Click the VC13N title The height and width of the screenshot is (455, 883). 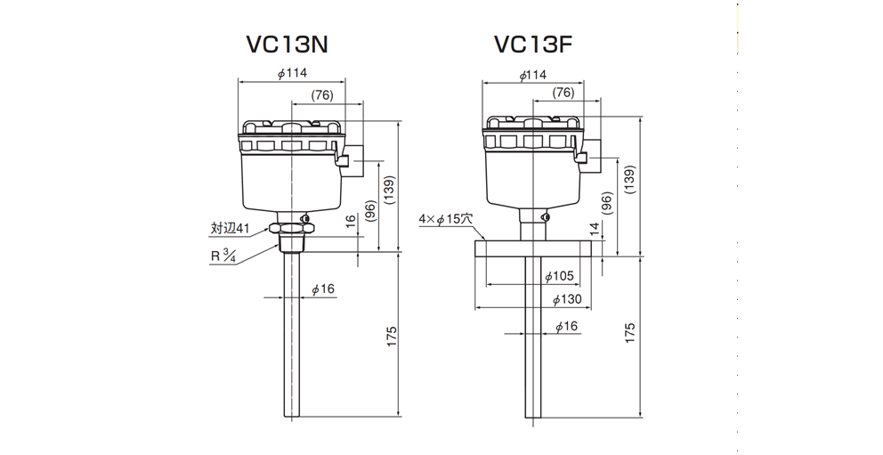pyautogui.click(x=288, y=45)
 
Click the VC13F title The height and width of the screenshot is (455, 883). pyautogui.click(x=533, y=45)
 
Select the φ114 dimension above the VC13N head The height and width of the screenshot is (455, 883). pyautogui.click(x=292, y=73)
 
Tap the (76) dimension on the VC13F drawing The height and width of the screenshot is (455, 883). pyautogui.click(x=563, y=93)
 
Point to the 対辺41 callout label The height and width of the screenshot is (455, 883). pyautogui.click(x=230, y=228)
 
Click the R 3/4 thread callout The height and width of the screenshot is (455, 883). pyautogui.click(x=223, y=256)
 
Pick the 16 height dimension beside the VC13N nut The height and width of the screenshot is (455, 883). pyautogui.click(x=351, y=222)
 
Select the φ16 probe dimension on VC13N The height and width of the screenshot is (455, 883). pyautogui.click(x=323, y=289)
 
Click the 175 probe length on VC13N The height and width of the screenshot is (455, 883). pyautogui.click(x=392, y=337)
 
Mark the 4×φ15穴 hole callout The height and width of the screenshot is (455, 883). pyautogui.click(x=445, y=220)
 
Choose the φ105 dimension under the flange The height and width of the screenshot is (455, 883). pyautogui.click(x=560, y=277)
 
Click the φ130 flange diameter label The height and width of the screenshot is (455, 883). pyautogui.click(x=566, y=299)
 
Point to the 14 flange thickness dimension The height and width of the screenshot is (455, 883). pyautogui.click(x=595, y=229)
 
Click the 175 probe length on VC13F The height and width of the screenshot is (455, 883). pyautogui.click(x=630, y=333)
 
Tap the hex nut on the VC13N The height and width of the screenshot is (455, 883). pyautogui.click(x=292, y=229)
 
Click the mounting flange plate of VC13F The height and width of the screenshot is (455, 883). pyautogui.click(x=532, y=248)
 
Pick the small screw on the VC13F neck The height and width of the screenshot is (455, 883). pyautogui.click(x=545, y=216)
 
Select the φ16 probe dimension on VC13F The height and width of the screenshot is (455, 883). pyautogui.click(x=566, y=327)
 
